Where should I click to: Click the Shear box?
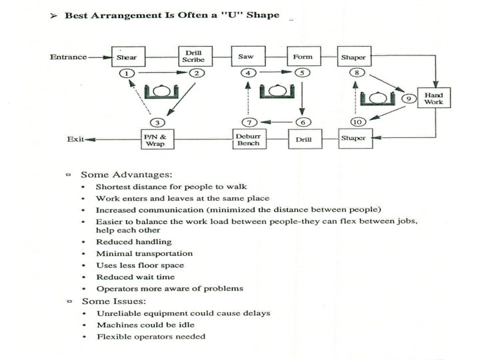[x=127, y=57]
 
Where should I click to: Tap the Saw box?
[x=245, y=57]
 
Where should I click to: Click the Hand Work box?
[x=433, y=99]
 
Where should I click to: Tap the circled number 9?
[x=409, y=99]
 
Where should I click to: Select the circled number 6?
[x=302, y=122]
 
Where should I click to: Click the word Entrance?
[x=69, y=57]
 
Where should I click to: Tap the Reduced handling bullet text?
[x=134, y=241]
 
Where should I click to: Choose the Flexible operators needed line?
[x=151, y=336]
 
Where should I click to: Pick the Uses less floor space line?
[x=141, y=265]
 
